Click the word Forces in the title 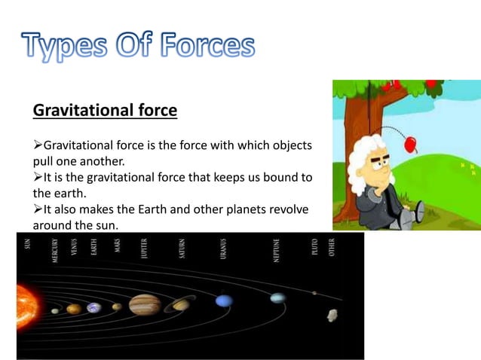(x=205, y=45)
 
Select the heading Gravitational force (x=105, y=111)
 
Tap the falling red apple (x=412, y=143)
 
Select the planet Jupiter (x=145, y=305)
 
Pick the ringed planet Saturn (x=181, y=304)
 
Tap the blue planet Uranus (x=224, y=301)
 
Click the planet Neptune (x=277, y=298)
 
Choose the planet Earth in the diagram (x=94, y=307)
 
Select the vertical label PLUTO (x=315, y=248)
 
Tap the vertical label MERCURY (x=55, y=252)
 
